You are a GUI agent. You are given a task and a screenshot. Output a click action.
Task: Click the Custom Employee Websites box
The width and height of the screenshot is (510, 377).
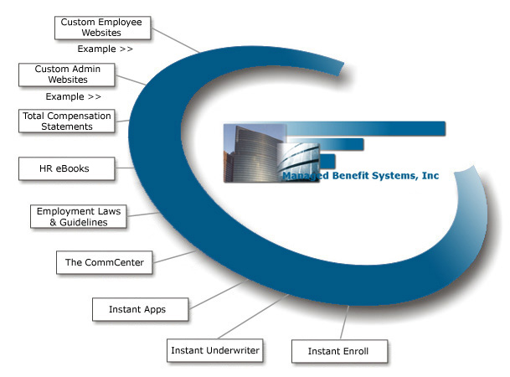[102, 28]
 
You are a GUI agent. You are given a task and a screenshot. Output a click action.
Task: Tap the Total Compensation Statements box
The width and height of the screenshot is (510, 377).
[67, 121]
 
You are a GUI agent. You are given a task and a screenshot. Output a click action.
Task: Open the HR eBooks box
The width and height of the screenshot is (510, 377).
[65, 168]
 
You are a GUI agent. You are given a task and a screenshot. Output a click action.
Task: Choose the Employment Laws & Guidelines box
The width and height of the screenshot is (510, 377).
[80, 216]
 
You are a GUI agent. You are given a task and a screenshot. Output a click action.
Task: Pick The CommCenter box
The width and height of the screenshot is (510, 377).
[105, 262]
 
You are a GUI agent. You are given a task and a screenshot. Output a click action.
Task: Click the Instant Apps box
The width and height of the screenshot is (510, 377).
[137, 309]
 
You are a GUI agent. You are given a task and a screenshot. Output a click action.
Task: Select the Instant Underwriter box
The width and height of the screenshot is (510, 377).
[215, 349]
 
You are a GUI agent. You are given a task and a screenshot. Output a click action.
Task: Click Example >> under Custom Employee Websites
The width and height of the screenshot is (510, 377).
[106, 49]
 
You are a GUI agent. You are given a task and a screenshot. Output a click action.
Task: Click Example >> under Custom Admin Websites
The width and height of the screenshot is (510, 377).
[74, 96]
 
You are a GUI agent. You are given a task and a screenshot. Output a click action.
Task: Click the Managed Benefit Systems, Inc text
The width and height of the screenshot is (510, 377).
[360, 177]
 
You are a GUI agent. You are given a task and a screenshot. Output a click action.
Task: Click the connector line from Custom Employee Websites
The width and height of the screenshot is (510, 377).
[178, 39]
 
